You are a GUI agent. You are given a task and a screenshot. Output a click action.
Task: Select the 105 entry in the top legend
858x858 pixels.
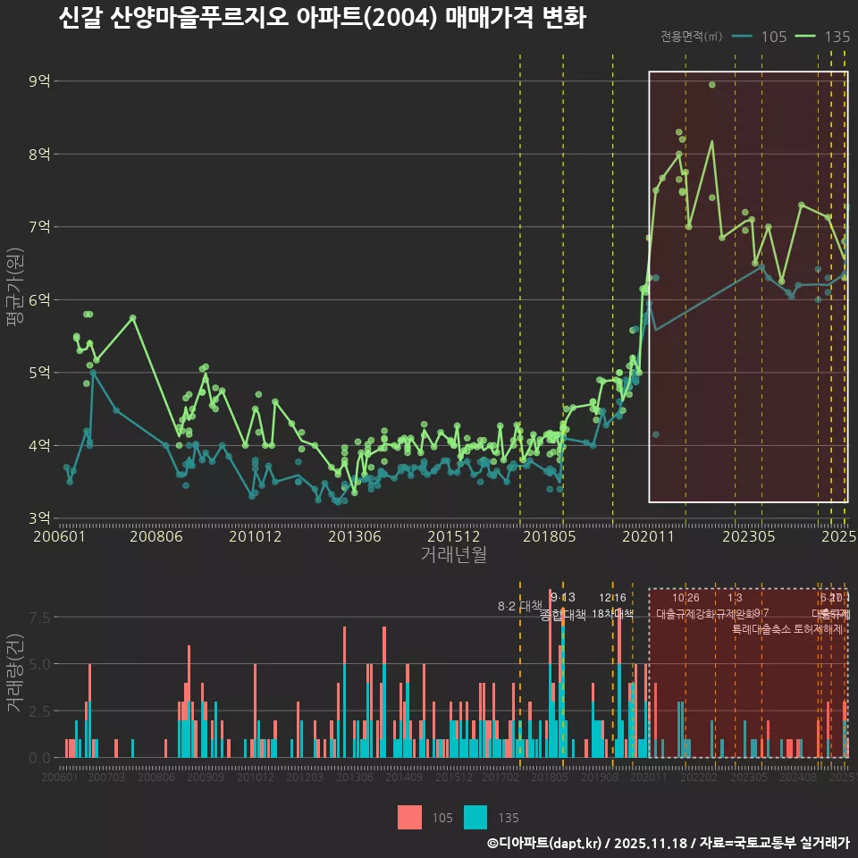pos(773,37)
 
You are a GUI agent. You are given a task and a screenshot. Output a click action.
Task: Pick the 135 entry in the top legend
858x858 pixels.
pos(836,37)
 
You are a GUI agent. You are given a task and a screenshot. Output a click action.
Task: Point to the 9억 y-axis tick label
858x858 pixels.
pos(39,81)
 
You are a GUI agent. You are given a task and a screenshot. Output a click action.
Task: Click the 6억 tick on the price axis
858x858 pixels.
pos(39,299)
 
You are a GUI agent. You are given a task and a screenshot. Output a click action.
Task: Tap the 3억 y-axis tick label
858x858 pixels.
pos(39,518)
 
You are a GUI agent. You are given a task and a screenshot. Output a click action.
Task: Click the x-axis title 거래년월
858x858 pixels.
pos(453,555)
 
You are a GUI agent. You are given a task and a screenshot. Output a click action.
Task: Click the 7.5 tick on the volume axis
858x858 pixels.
pos(39,618)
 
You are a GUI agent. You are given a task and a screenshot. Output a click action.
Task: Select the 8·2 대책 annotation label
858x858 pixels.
pos(520,606)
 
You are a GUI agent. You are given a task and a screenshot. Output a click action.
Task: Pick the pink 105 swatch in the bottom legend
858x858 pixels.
pos(409,817)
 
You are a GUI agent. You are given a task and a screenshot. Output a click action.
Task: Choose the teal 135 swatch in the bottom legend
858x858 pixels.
pos(475,817)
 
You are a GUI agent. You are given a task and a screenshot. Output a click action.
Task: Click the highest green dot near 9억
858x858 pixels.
pos(712,85)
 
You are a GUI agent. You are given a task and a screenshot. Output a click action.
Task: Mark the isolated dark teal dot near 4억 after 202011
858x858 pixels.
pos(656,434)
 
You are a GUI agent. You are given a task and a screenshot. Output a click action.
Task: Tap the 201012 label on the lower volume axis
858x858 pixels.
pos(255,778)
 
